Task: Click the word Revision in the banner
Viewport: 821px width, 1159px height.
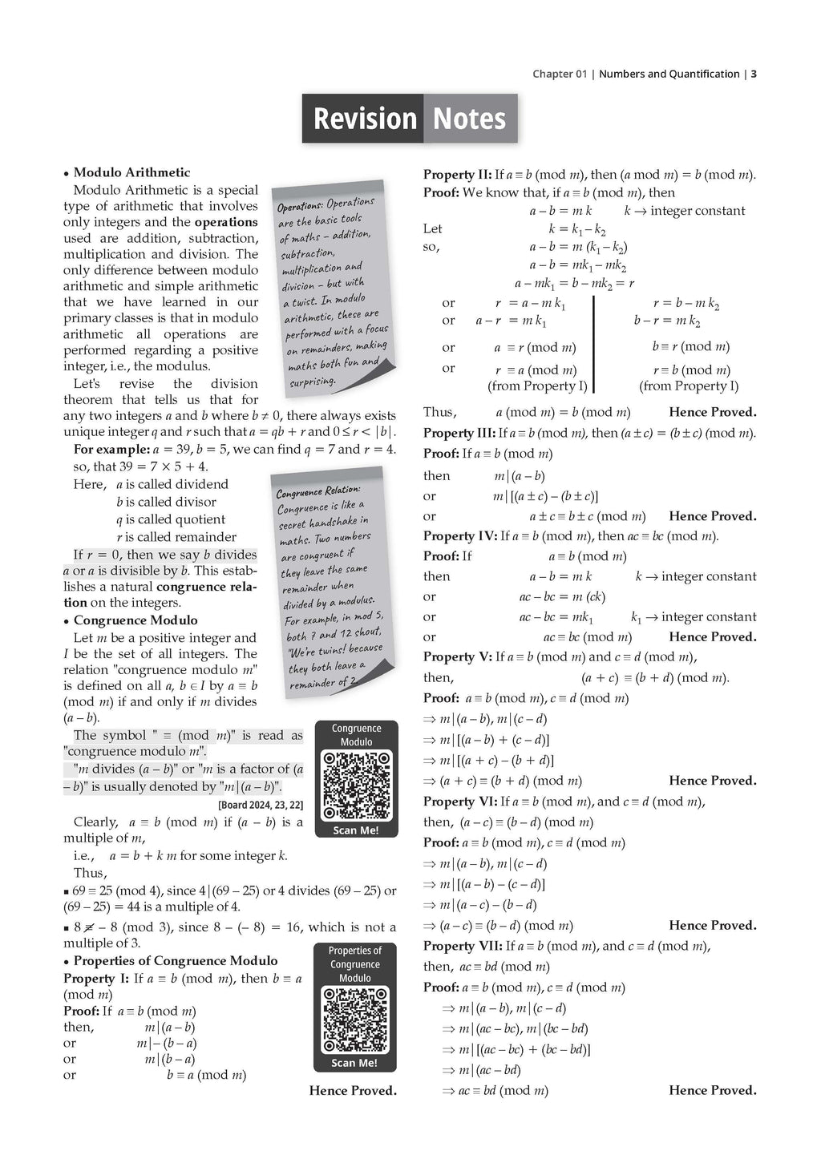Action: coord(365,119)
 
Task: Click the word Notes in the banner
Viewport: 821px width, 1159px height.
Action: coord(469,119)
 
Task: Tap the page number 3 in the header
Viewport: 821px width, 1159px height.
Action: coord(754,74)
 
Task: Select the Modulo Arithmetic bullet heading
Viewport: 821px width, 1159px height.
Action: coord(131,172)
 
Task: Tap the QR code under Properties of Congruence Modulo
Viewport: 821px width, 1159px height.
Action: coord(354,1020)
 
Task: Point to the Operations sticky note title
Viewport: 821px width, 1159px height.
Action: coord(300,207)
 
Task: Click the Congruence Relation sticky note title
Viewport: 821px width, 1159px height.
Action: coord(317,491)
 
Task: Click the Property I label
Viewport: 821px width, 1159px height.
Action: coord(96,979)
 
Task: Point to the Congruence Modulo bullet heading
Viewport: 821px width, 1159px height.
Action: coord(135,620)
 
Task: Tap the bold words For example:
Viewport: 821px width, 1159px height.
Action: coord(104,450)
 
